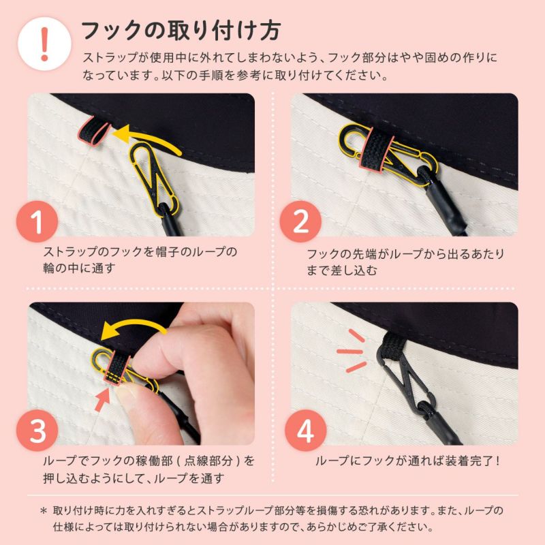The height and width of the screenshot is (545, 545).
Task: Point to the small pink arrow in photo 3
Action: [104, 398]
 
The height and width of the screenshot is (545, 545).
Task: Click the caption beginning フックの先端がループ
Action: [405, 262]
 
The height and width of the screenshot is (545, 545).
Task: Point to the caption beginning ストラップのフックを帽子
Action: [140, 260]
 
